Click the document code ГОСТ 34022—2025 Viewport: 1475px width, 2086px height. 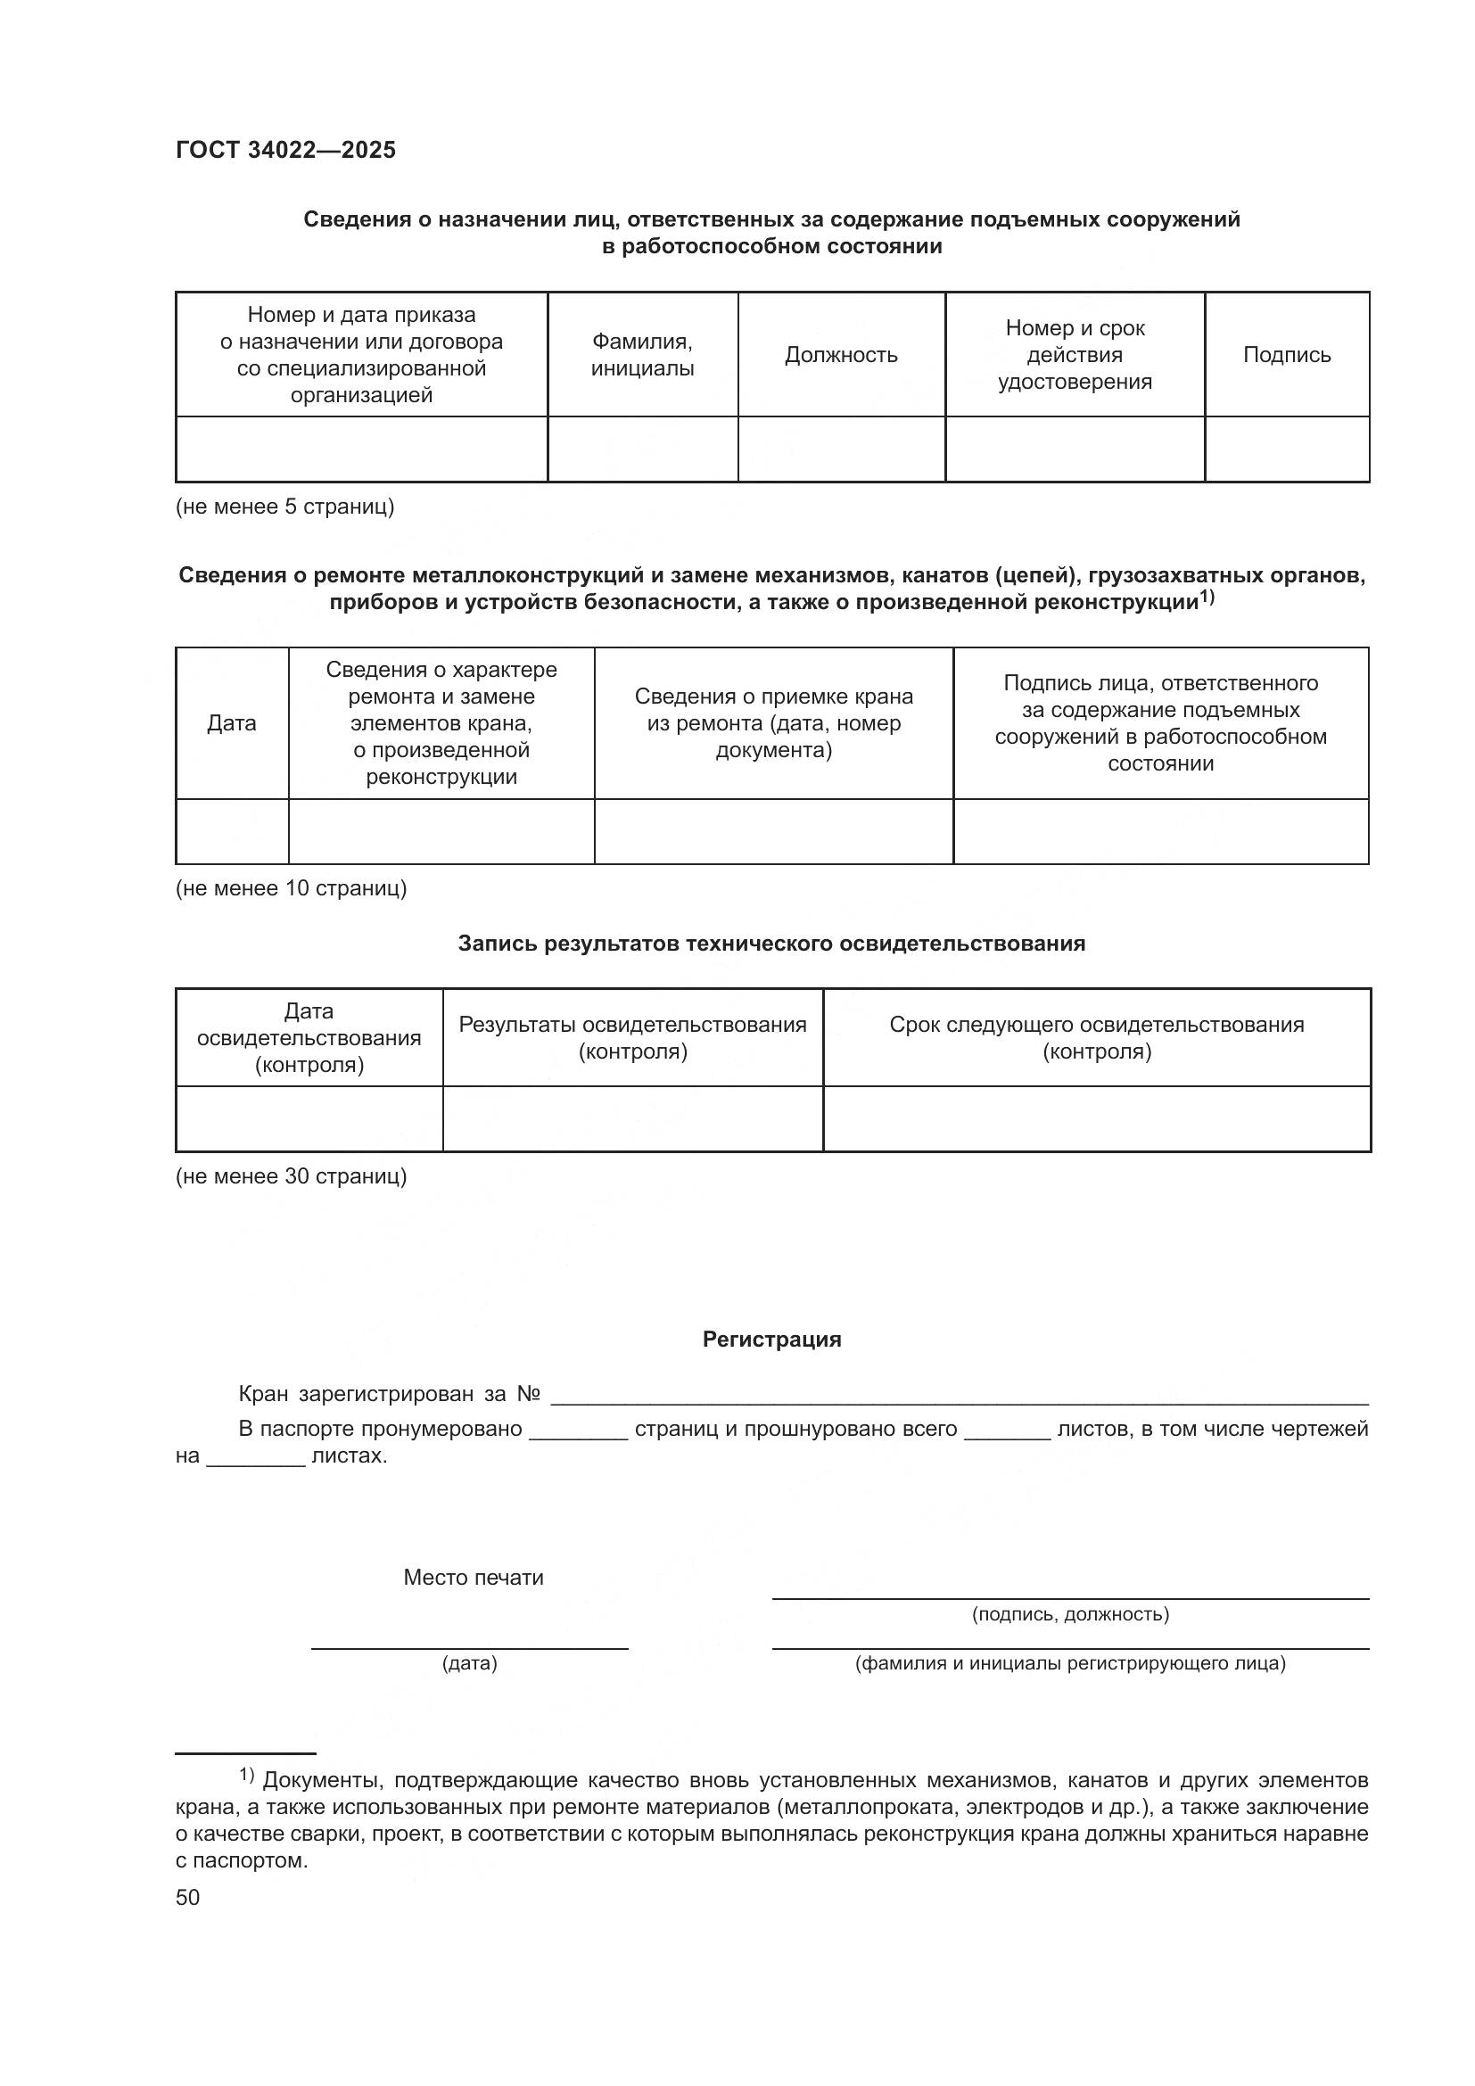(x=285, y=150)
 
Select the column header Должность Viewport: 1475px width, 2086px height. (x=840, y=355)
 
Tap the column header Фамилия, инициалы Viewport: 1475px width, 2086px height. (x=642, y=355)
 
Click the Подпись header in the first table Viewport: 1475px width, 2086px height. (x=1286, y=355)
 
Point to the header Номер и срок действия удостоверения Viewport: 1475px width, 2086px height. (x=1075, y=355)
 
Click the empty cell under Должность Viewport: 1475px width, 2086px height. (x=840, y=449)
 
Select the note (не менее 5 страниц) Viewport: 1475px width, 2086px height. (x=284, y=507)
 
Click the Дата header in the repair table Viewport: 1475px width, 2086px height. (x=232, y=723)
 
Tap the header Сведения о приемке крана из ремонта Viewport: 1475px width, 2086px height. (x=773, y=723)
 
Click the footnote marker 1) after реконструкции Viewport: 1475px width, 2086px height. (x=1207, y=597)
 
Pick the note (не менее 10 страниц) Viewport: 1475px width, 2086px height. (x=291, y=888)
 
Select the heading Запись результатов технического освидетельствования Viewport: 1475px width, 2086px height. (x=771, y=944)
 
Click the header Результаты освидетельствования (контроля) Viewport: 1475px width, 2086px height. (x=632, y=1037)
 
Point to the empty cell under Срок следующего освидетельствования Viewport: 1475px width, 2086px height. (x=1096, y=1118)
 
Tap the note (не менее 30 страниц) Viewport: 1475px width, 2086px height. (x=291, y=1176)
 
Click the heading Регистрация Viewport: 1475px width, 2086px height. (x=771, y=1340)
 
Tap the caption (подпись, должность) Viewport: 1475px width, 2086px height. (x=1070, y=1614)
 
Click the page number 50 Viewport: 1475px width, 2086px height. (x=188, y=1897)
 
